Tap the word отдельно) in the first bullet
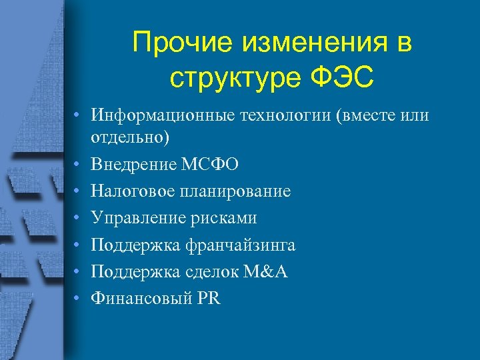pyautogui.click(x=131, y=137)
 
